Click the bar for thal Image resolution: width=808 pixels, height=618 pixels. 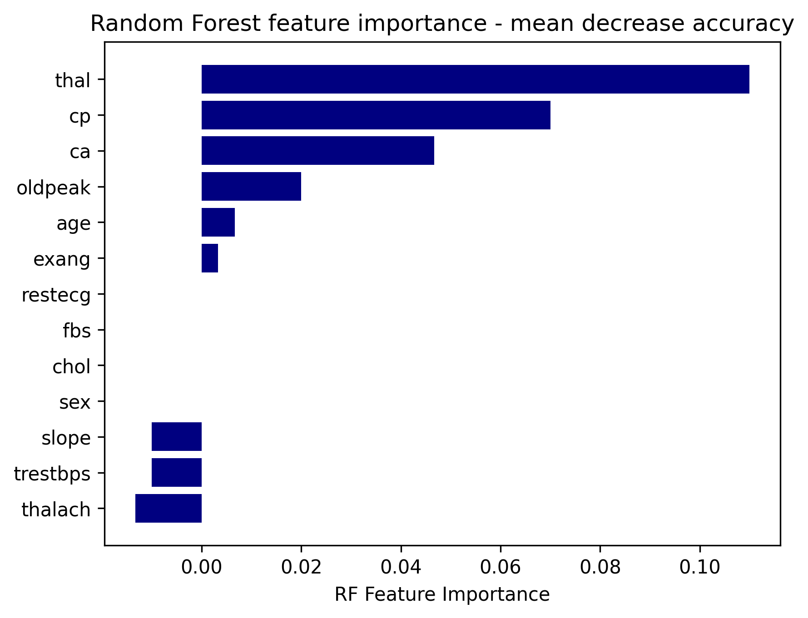475,79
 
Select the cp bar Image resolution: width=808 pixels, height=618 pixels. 376,115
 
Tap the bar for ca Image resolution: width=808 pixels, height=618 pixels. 318,151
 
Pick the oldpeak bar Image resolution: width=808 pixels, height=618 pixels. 251,187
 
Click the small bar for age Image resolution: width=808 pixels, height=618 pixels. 218,222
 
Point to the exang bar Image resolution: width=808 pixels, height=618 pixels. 210,258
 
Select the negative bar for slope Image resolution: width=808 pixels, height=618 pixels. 177,437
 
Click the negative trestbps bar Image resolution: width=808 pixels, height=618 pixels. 177,473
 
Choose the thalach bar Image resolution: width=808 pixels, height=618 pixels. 169,509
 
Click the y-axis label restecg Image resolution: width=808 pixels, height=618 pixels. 56,296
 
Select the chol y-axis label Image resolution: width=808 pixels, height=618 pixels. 72,366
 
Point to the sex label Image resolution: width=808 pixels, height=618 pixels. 75,403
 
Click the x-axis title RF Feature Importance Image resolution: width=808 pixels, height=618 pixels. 442,595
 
